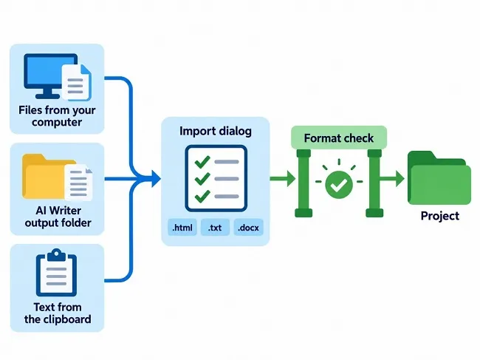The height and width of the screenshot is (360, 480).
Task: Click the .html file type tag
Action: tap(182, 228)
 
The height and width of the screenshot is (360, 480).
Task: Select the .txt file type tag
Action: tap(215, 228)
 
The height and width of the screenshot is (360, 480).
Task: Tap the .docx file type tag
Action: tap(248, 228)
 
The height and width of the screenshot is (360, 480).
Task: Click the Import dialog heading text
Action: tap(216, 131)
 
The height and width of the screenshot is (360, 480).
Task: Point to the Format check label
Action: tap(338, 138)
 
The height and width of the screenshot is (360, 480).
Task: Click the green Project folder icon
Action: tap(439, 177)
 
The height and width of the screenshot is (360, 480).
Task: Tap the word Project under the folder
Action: tap(440, 216)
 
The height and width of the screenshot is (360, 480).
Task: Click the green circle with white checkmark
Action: tap(339, 185)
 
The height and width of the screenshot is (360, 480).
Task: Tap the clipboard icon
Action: tap(56, 272)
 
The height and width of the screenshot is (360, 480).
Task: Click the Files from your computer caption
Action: tap(57, 116)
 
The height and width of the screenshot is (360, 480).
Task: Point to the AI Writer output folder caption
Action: tap(58, 217)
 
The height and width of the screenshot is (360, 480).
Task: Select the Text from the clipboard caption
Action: tap(58, 313)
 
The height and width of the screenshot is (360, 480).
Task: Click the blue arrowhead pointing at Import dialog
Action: tap(156, 179)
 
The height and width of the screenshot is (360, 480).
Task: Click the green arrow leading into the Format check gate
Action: tap(283, 178)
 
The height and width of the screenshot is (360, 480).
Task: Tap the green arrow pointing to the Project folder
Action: tap(392, 178)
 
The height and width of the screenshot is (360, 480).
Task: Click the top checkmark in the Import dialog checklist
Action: tap(202, 162)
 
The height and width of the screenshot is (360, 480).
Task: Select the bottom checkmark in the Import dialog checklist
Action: tap(202, 197)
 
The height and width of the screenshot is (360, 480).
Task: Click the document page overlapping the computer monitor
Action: tap(77, 82)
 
